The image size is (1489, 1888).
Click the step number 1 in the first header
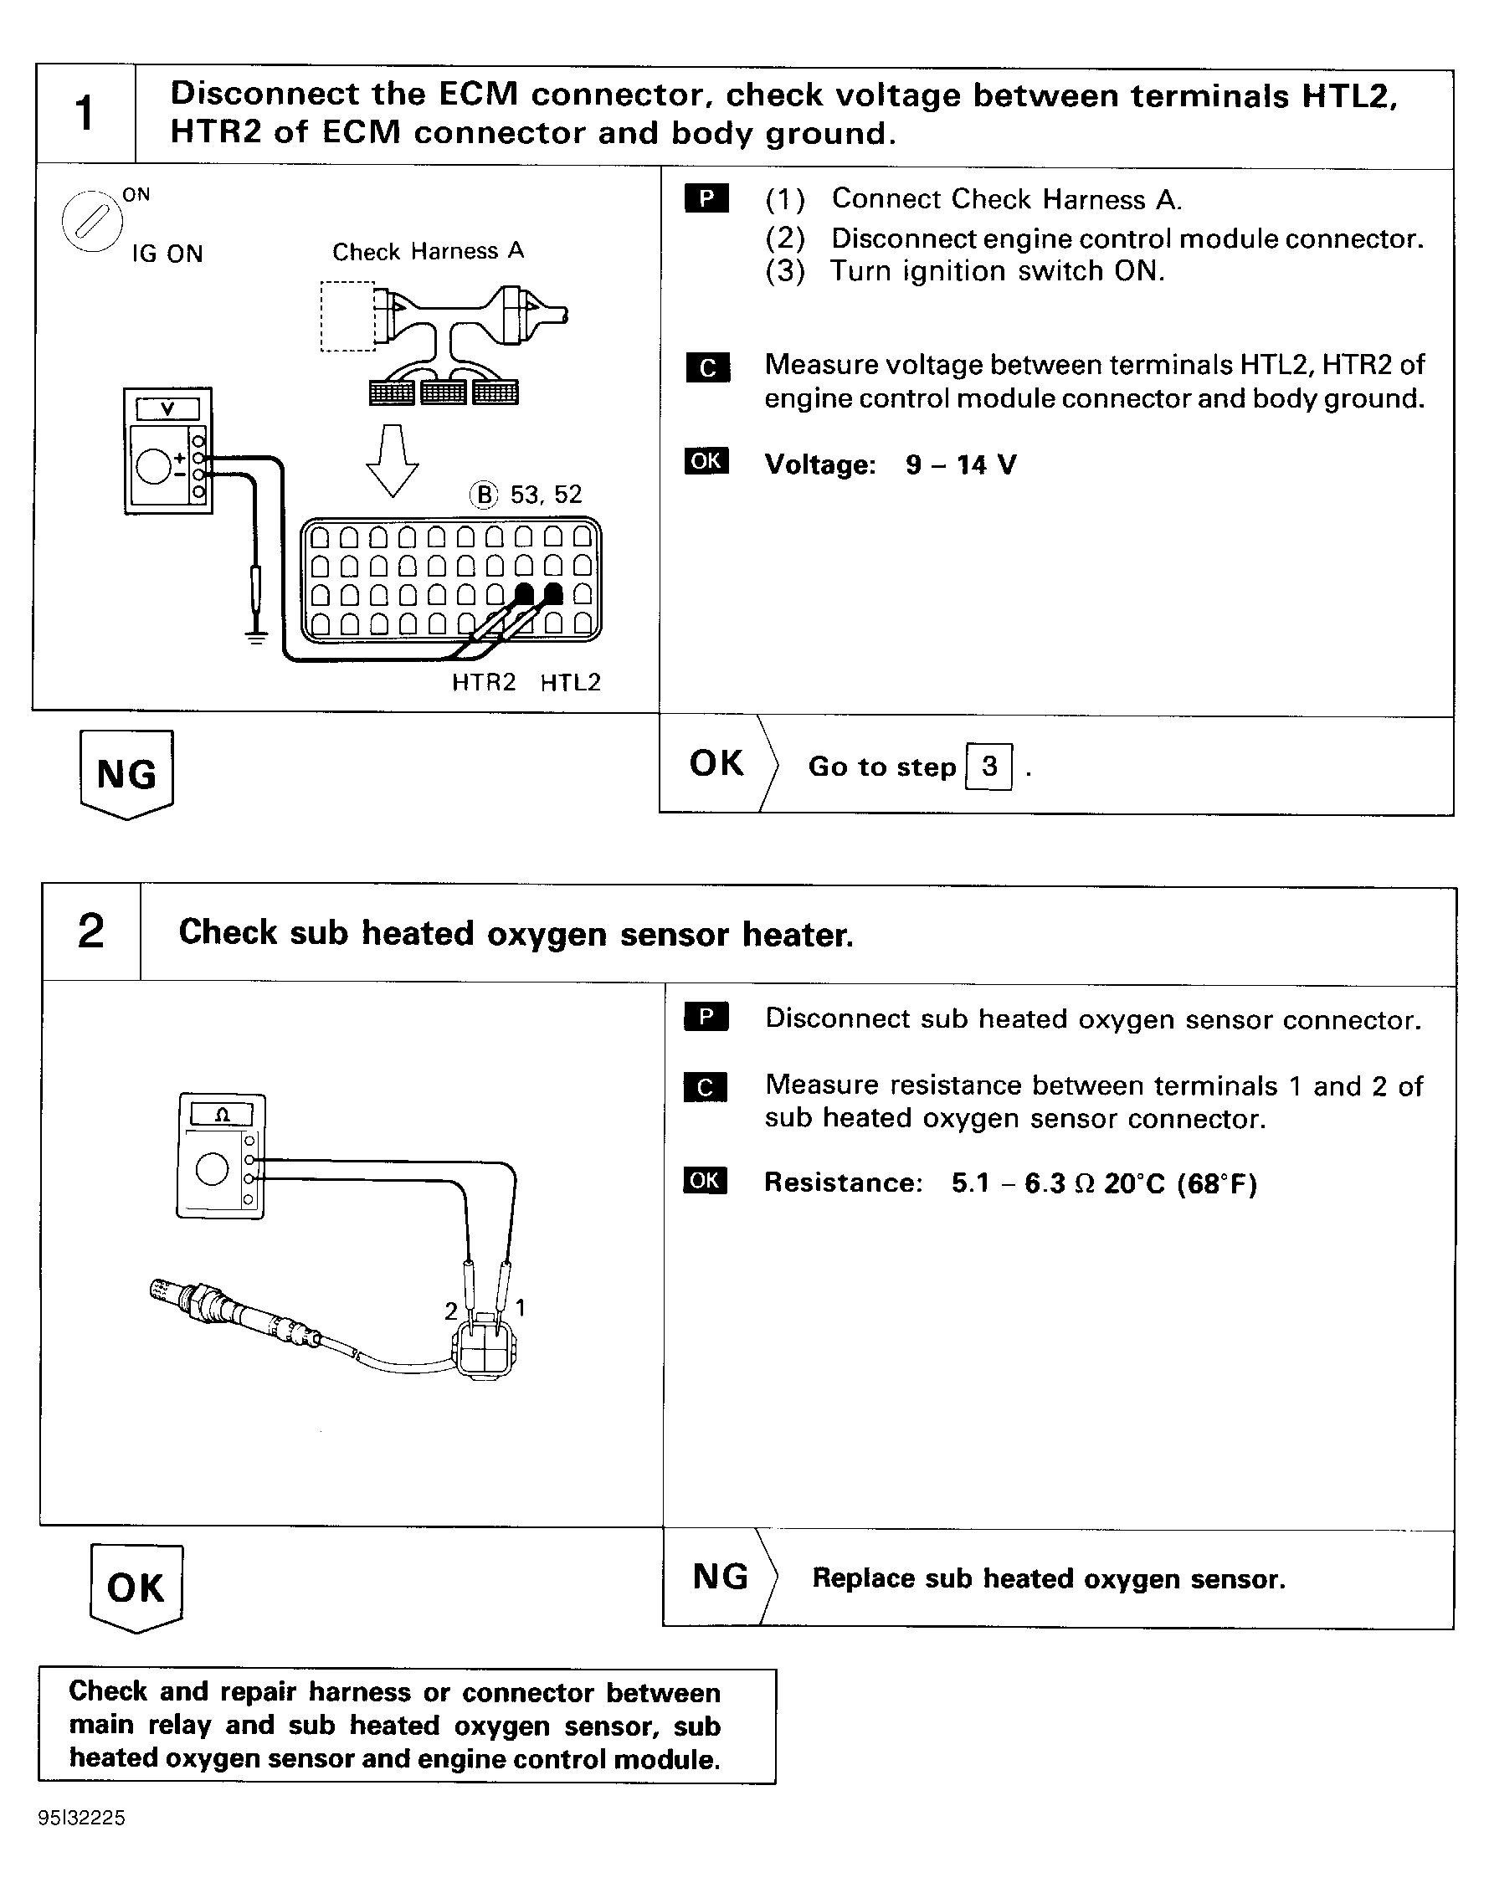click(85, 113)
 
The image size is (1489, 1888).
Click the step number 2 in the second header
click(90, 931)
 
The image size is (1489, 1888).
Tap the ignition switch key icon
click(92, 222)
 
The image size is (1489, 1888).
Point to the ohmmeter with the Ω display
click(222, 1155)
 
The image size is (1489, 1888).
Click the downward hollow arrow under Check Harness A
click(393, 459)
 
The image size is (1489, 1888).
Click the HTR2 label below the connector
click(484, 683)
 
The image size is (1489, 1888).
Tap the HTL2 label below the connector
click(570, 683)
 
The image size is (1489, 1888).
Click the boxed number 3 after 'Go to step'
click(988, 767)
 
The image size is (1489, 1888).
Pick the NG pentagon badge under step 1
click(127, 774)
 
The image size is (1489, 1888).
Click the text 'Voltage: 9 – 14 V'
click(890, 464)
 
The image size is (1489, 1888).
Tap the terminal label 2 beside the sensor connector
click(450, 1311)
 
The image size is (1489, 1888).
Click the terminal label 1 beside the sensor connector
click(521, 1307)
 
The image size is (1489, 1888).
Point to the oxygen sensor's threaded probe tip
click(166, 1290)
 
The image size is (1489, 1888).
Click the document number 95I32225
click(81, 1819)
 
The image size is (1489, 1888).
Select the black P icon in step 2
click(706, 1017)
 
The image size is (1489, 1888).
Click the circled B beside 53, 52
click(484, 495)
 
